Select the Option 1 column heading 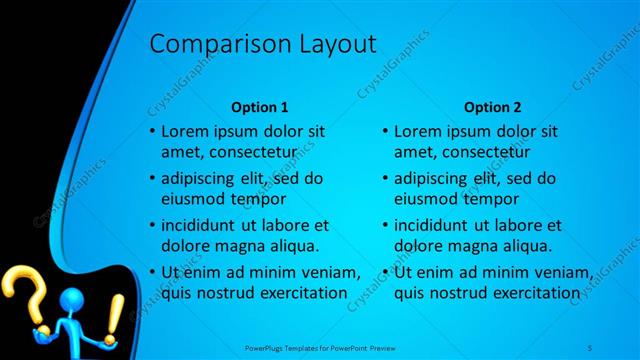point(259,107)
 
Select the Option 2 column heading point(492,107)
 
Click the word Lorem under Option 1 point(185,131)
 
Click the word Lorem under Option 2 point(419,131)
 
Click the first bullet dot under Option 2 point(386,131)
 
